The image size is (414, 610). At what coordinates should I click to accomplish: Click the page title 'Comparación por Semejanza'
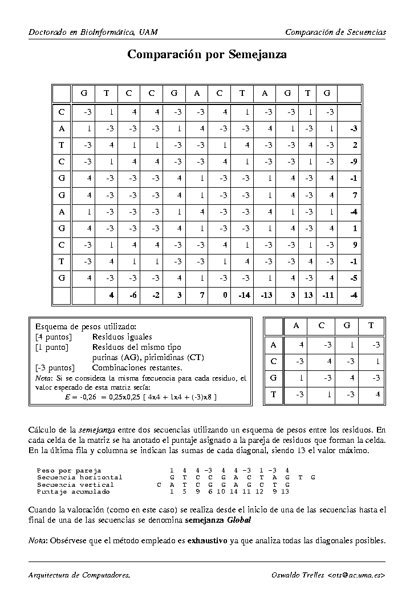[207, 55]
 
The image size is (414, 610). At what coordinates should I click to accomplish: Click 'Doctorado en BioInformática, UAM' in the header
[93, 32]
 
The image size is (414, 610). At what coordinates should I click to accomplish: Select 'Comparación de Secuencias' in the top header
[335, 32]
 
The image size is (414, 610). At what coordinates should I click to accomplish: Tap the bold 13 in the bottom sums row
[308, 295]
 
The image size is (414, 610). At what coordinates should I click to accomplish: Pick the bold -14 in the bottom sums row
[244, 295]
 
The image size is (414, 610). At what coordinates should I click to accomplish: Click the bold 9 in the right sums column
[354, 246]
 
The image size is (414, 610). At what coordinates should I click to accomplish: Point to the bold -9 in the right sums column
[354, 161]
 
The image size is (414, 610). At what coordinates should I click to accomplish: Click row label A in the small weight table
[274, 345]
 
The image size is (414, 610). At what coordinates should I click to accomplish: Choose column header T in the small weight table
[371, 326]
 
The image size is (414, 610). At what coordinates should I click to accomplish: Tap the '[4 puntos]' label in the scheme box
[53, 337]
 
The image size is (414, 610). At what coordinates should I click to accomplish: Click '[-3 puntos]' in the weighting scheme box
[55, 368]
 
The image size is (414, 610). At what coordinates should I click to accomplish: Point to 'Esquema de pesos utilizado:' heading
[86, 327]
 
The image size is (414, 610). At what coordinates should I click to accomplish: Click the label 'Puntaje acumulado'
[73, 491]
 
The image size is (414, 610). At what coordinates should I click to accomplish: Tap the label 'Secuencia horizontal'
[79, 477]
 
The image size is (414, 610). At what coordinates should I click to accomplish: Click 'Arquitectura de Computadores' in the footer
[79, 575]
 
